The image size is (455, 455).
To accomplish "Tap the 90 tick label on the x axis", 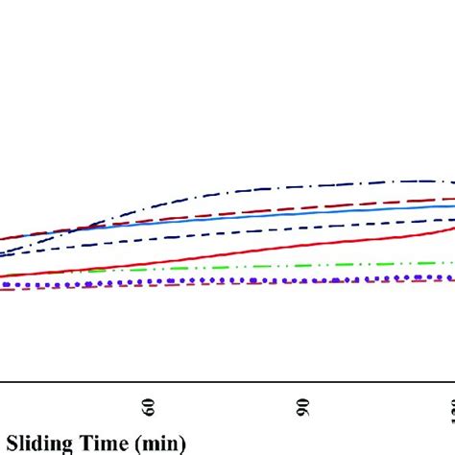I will point(303,406).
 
